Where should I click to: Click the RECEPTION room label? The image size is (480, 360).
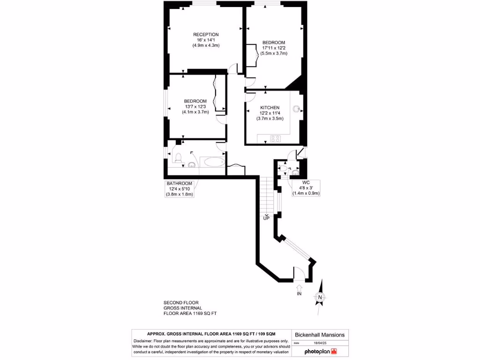click(206, 35)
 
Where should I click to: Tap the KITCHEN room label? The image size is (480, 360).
click(270, 108)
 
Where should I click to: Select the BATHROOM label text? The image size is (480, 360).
click(180, 183)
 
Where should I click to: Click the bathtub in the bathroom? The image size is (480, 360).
click(213, 163)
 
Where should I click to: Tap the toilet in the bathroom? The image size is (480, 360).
click(178, 159)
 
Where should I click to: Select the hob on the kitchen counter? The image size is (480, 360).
click(276, 138)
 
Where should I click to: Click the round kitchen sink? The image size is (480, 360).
click(296, 109)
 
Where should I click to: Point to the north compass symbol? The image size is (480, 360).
click(320, 296)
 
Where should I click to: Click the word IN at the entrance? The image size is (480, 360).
click(299, 294)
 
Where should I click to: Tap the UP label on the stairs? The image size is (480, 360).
click(266, 218)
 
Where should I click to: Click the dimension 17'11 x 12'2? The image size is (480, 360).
click(274, 48)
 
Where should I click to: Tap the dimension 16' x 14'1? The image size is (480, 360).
click(206, 40)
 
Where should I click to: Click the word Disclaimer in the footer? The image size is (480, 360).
click(143, 341)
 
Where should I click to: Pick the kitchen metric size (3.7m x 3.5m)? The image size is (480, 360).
click(270, 119)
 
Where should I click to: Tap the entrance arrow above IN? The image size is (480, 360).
click(299, 286)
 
